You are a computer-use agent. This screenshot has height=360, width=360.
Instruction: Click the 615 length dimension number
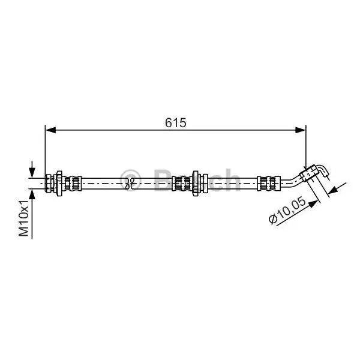[x=176, y=122]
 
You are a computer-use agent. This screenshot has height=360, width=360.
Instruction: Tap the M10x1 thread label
[x=24, y=218]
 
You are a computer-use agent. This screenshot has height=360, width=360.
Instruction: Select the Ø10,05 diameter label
[x=287, y=211]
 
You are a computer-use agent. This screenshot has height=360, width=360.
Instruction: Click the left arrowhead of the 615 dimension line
[x=51, y=130]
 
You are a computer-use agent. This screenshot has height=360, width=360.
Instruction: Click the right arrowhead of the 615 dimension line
[x=301, y=130]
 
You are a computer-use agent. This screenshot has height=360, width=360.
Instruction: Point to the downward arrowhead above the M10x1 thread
[x=32, y=172]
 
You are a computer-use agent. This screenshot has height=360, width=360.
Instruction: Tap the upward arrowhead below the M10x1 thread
[x=32, y=194]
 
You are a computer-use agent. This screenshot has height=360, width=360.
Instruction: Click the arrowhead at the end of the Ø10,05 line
[x=313, y=203]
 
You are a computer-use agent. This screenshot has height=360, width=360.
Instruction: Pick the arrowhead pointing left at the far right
[x=334, y=190]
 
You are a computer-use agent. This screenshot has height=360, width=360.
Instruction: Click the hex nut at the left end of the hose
[x=49, y=183]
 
